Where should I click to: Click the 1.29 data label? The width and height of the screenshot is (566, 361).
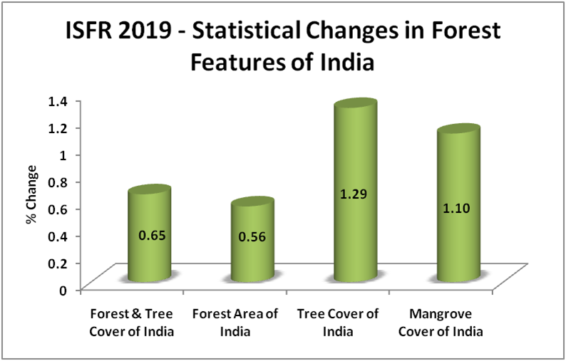(x=355, y=194)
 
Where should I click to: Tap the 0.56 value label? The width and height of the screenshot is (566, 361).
(x=252, y=237)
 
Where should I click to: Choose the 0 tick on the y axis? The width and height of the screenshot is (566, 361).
(x=63, y=289)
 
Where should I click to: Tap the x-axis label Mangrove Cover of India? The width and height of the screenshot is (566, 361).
(x=441, y=323)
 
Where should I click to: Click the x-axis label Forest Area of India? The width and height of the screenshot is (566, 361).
(x=235, y=323)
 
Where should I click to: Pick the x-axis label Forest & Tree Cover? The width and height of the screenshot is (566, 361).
(x=133, y=323)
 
